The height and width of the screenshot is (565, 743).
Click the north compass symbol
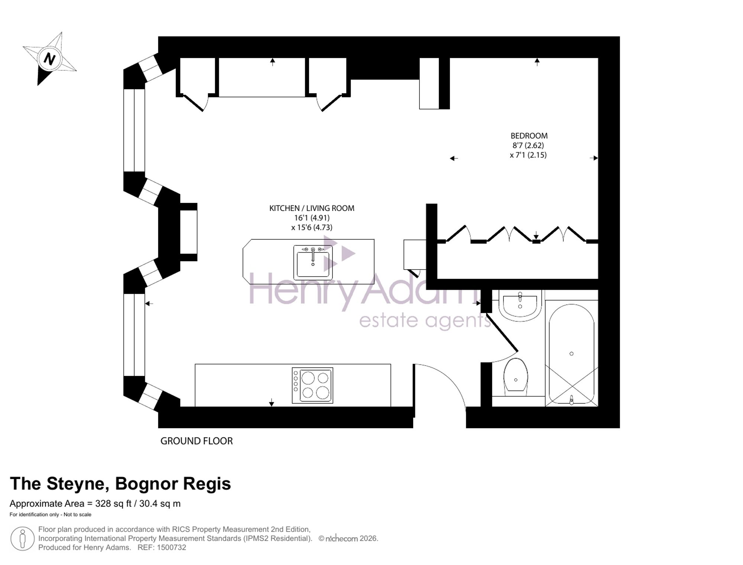pyautogui.click(x=49, y=59)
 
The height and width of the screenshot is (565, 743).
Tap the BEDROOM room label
pyautogui.click(x=529, y=136)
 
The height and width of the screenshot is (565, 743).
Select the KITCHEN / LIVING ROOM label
pyautogui.click(x=312, y=208)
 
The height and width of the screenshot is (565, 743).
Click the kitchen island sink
pyautogui.click(x=313, y=262)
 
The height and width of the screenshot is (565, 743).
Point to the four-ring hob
pyautogui.click(x=312, y=386)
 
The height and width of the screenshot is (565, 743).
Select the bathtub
pyautogui.click(x=571, y=354)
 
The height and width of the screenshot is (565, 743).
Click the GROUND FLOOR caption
pyautogui.click(x=197, y=441)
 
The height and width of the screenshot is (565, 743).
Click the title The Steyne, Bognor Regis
pyautogui.click(x=120, y=484)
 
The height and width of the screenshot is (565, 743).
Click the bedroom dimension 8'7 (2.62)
pyautogui.click(x=528, y=146)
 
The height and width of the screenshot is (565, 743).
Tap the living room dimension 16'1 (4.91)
pyautogui.click(x=312, y=218)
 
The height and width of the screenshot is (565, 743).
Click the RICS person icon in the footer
pyautogui.click(x=23, y=539)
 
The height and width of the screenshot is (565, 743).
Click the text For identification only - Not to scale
pyautogui.click(x=51, y=514)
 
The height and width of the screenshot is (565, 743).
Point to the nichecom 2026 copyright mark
pyautogui.click(x=348, y=539)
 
